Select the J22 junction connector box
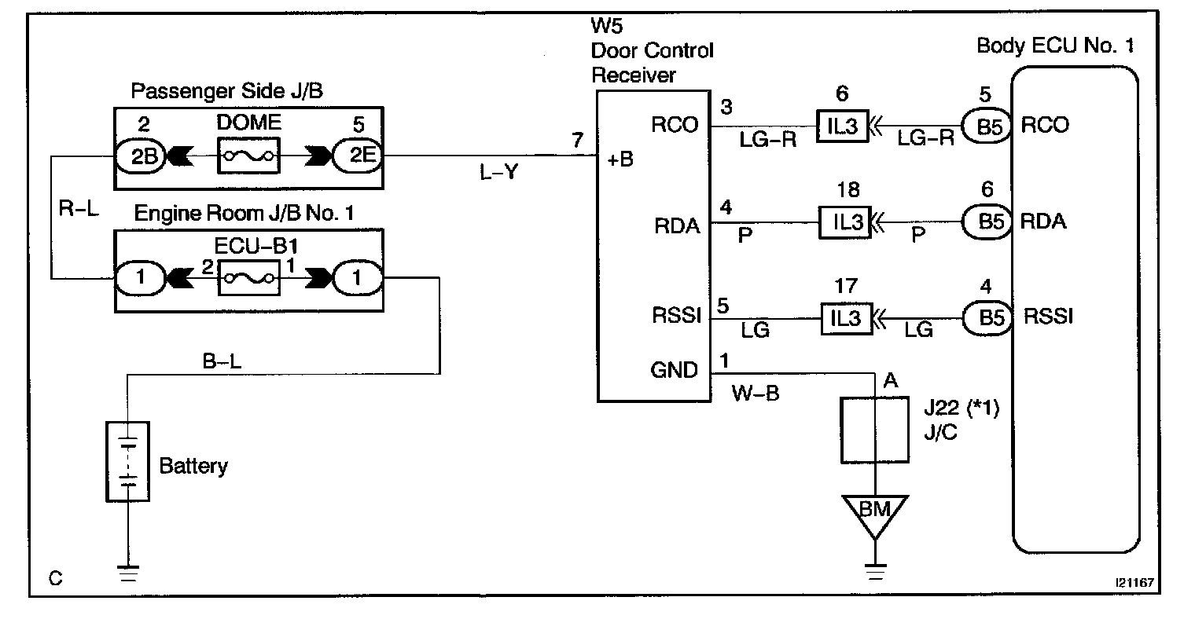(x=874, y=430)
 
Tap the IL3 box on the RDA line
(x=845, y=222)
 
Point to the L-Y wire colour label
(x=499, y=173)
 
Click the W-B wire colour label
(x=756, y=393)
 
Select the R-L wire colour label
(x=79, y=210)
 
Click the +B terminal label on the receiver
(x=620, y=159)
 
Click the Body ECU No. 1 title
(x=1055, y=46)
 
